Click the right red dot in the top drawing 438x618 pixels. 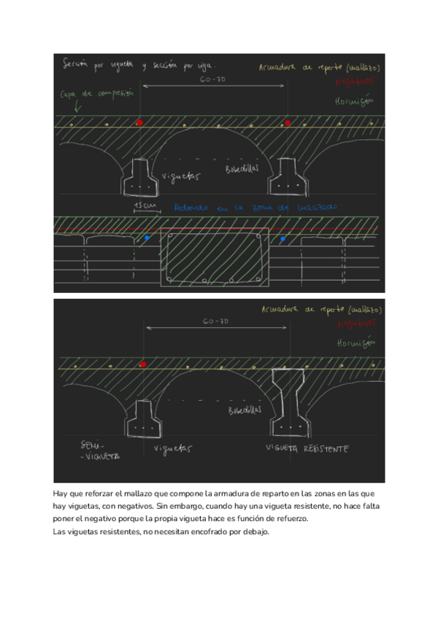(x=288, y=122)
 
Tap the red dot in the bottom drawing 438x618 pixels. (x=143, y=364)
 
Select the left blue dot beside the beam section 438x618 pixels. (x=147, y=238)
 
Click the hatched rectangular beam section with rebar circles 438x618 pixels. (x=215, y=258)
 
